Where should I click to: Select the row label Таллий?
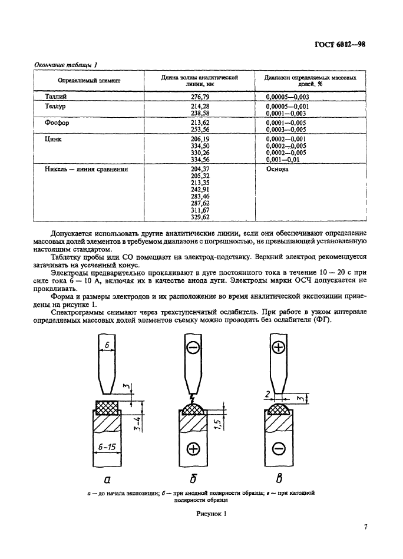(55, 95)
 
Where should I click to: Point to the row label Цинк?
(53, 140)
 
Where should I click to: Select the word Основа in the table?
(277, 169)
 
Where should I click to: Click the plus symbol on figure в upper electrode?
(279, 348)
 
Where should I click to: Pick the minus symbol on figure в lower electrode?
(279, 450)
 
